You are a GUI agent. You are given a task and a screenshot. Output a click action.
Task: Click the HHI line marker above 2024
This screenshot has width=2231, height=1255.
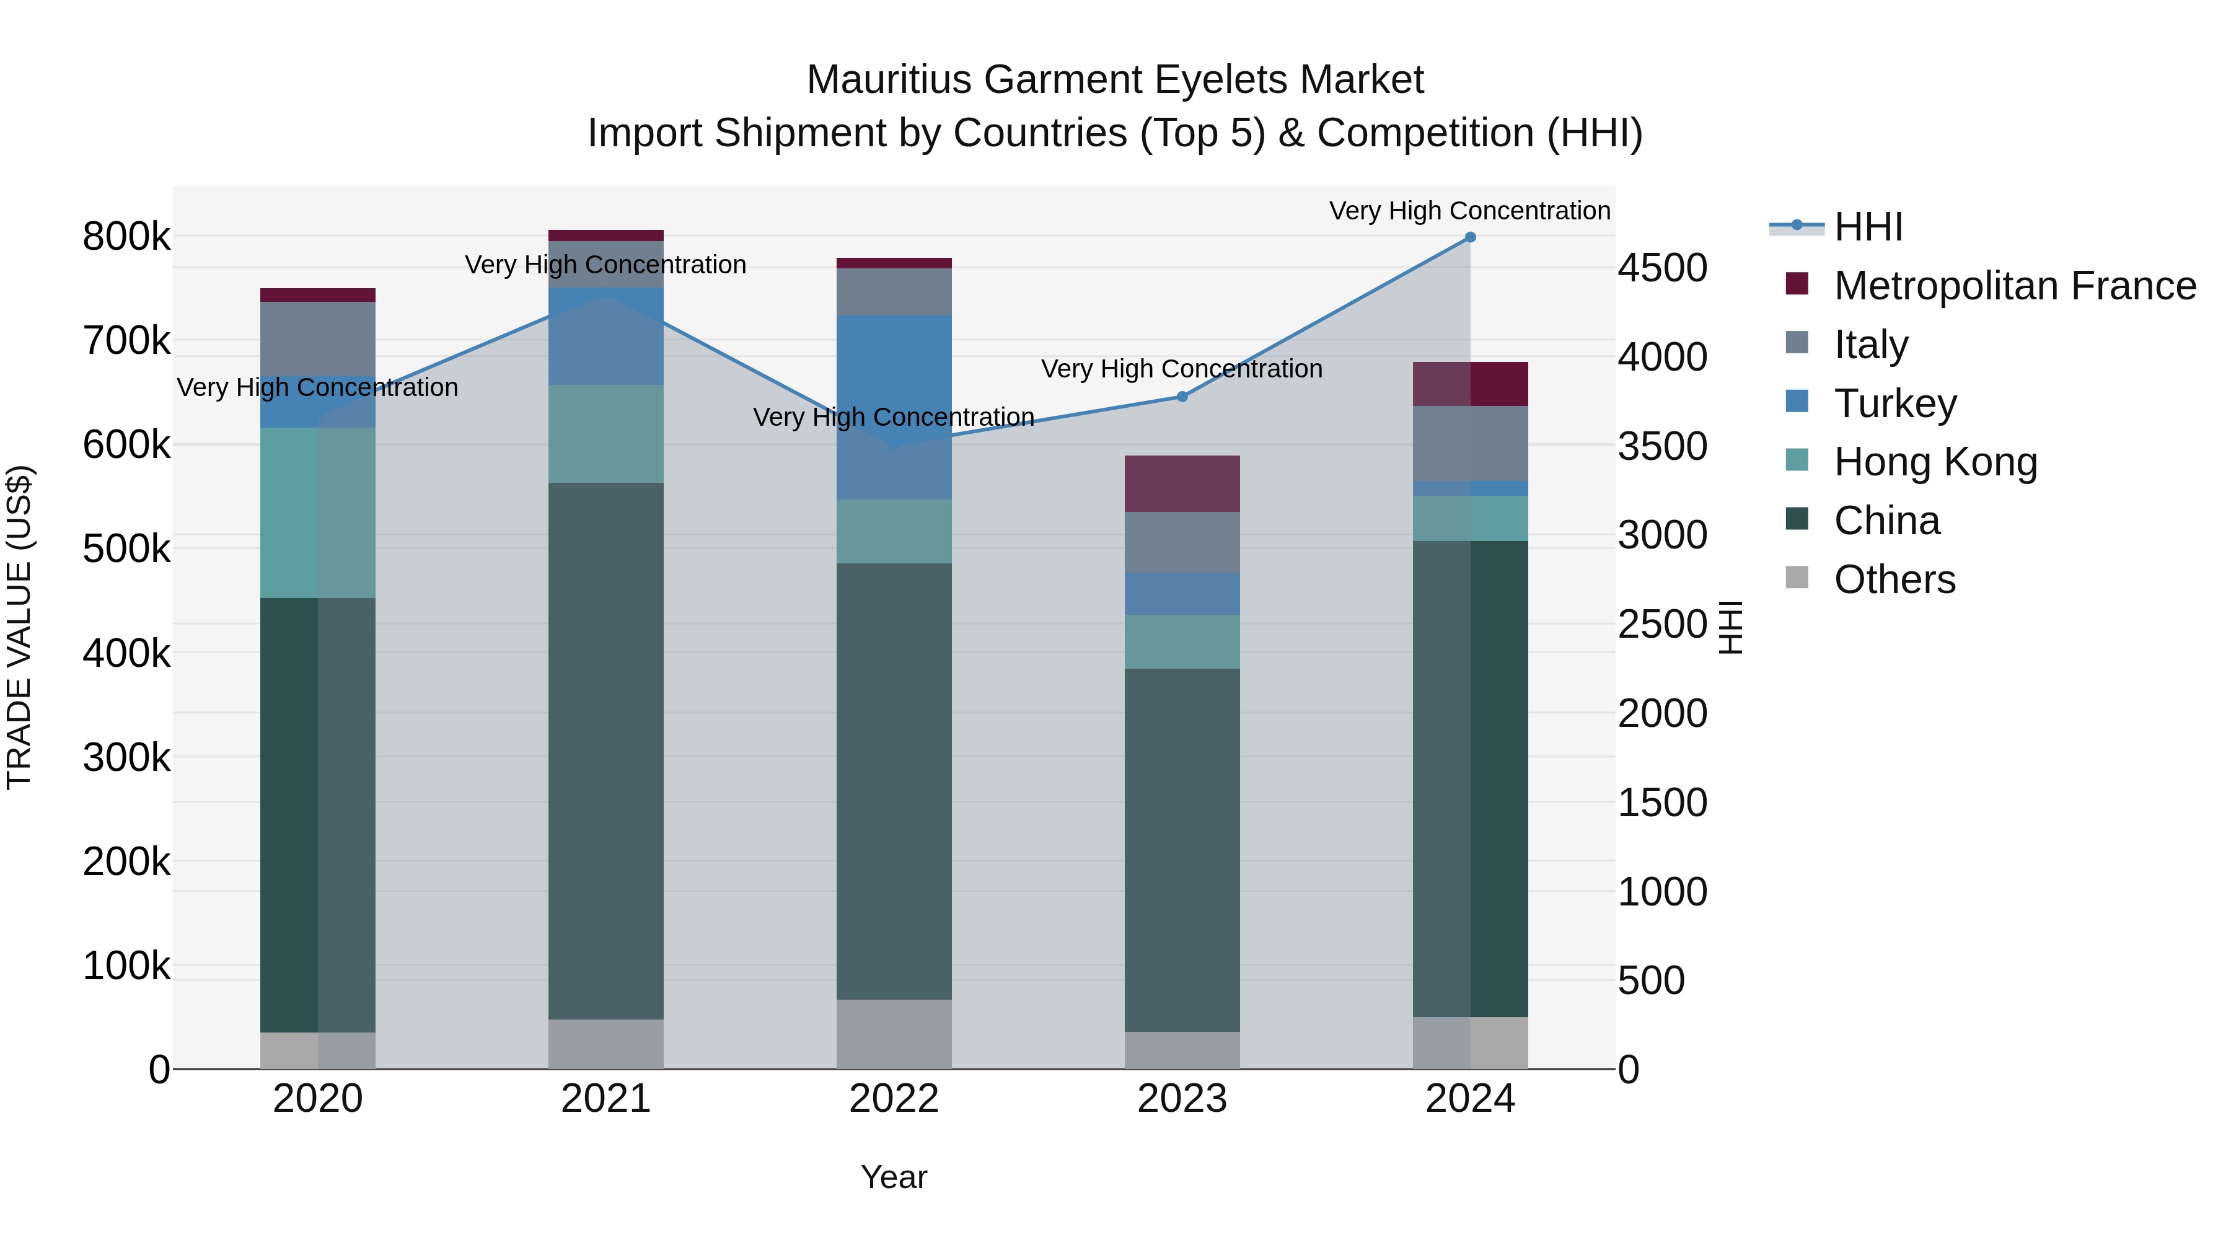[x=1470, y=237]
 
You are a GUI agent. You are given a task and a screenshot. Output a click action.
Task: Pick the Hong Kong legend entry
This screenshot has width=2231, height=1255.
[x=1935, y=462]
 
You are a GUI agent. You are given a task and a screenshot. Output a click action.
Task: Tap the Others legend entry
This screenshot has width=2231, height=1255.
[x=1894, y=579]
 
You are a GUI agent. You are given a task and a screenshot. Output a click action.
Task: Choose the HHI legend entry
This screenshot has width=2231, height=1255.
[x=1867, y=227]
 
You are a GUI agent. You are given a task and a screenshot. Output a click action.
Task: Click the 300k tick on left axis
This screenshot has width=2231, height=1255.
[x=126, y=758]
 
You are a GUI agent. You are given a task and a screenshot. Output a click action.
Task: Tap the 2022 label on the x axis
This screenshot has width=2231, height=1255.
[x=894, y=1099]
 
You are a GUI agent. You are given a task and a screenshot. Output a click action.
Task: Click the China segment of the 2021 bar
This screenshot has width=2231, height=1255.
[x=605, y=750]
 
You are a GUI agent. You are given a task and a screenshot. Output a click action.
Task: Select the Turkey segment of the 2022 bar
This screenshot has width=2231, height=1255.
[x=894, y=407]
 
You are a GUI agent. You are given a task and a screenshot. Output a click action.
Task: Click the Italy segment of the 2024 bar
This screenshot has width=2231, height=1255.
[x=1470, y=444]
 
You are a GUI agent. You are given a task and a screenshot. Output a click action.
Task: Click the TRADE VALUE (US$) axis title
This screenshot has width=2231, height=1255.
[x=19, y=627]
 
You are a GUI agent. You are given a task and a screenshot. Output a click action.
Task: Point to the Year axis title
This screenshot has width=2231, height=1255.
[x=894, y=1177]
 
